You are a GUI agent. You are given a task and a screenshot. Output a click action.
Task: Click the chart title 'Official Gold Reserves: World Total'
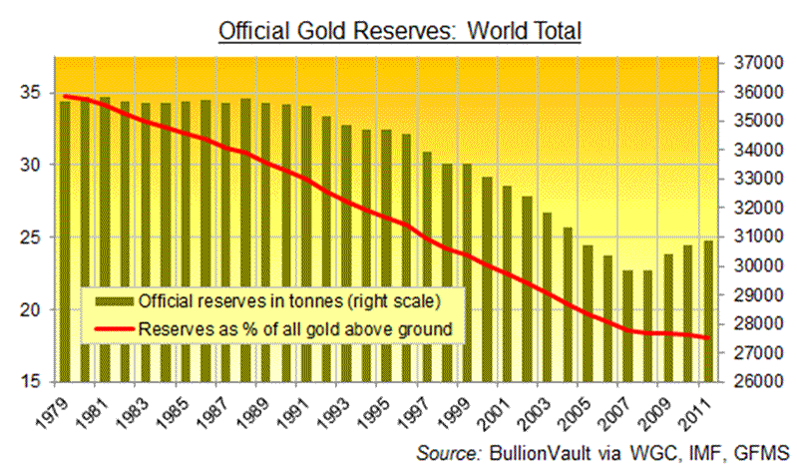[399, 30]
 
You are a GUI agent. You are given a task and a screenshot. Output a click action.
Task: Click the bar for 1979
[65, 239]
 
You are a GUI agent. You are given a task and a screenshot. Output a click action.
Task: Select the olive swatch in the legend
[112, 299]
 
